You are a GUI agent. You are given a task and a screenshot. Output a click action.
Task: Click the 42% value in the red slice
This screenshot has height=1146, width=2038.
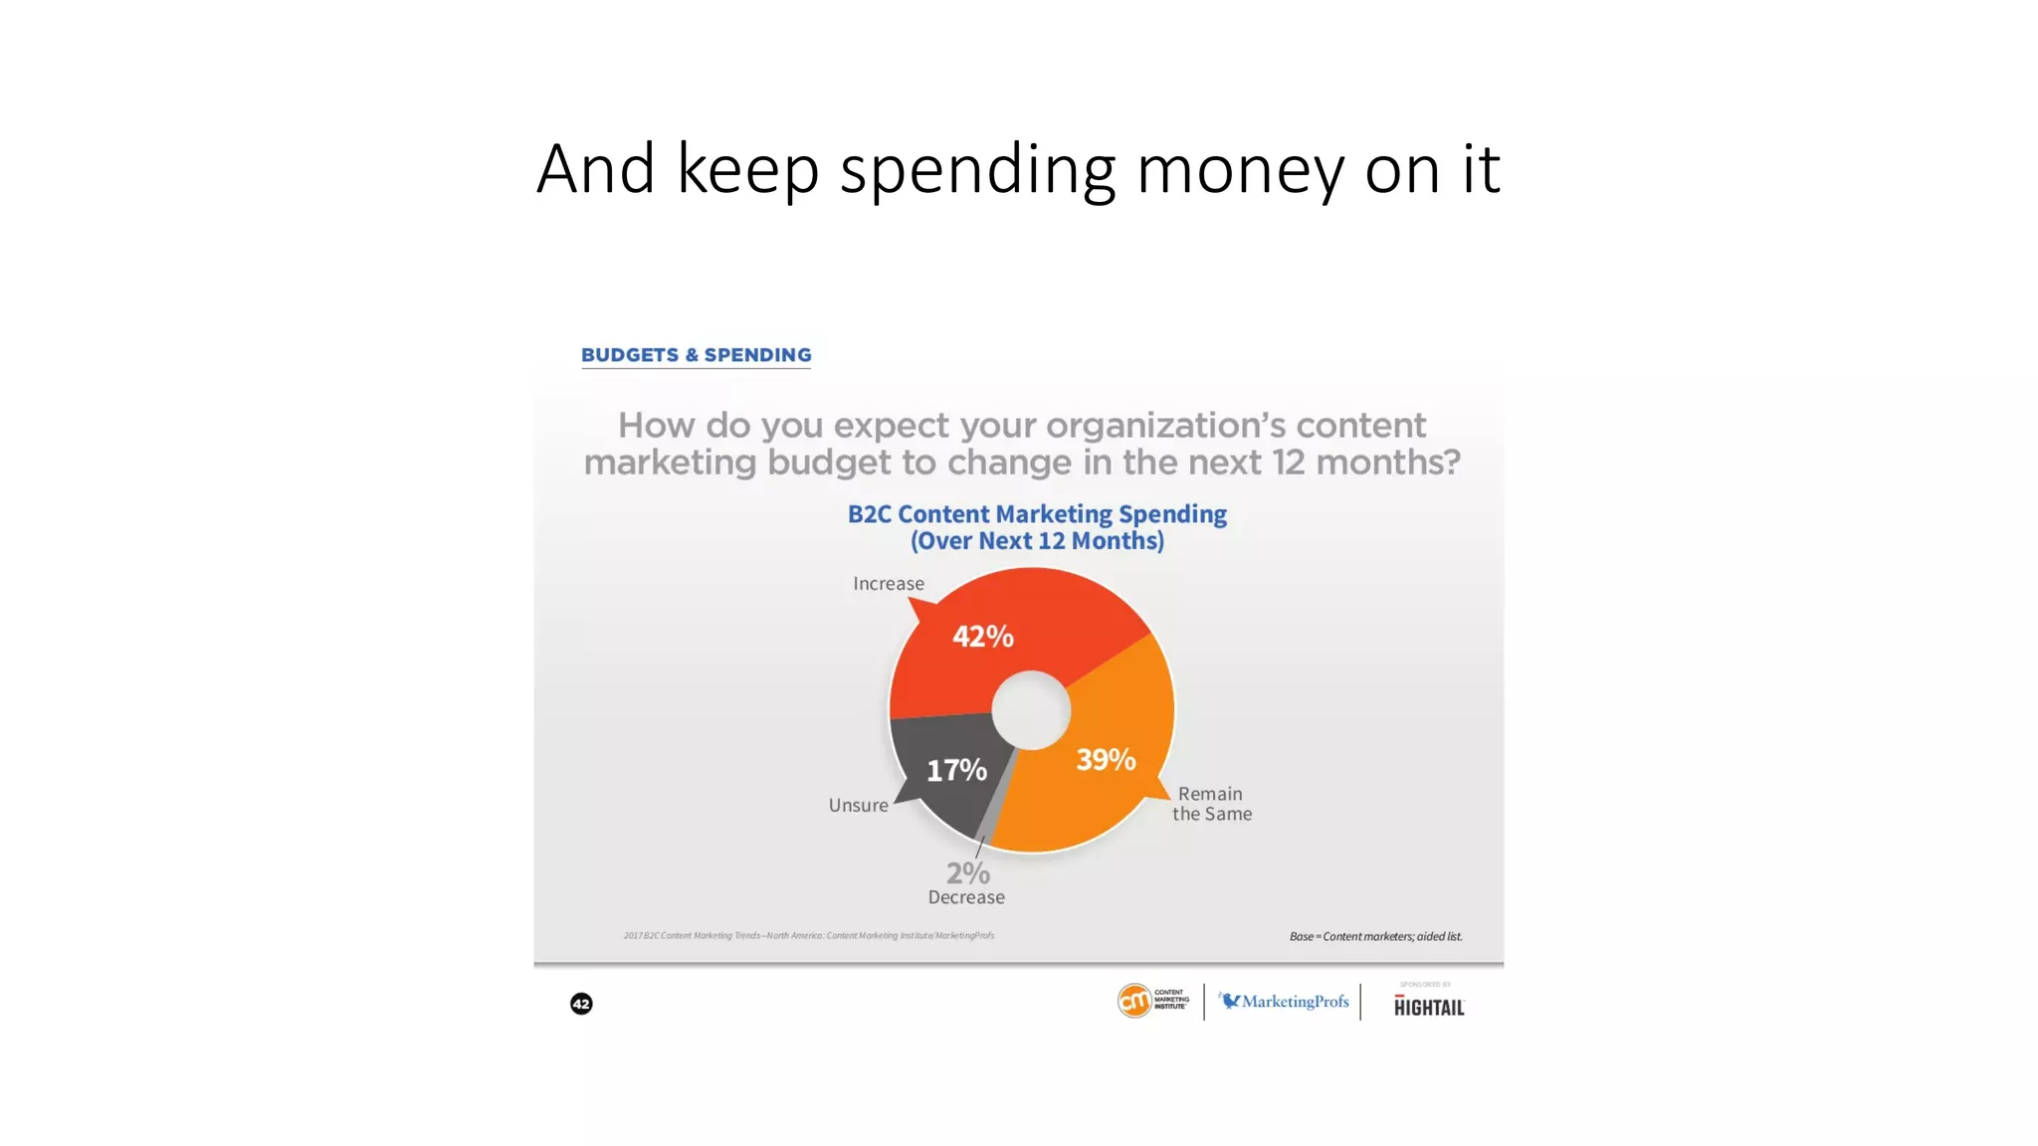982,637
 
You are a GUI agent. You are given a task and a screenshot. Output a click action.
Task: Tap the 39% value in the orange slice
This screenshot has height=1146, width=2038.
1106,760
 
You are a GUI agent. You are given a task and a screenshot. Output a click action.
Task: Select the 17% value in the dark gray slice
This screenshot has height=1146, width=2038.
956,770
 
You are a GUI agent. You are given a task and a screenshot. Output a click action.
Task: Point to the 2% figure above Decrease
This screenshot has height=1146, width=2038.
967,873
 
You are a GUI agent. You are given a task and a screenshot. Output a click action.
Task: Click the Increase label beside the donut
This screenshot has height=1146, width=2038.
888,584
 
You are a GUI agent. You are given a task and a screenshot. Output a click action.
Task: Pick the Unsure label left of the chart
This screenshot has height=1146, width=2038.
858,806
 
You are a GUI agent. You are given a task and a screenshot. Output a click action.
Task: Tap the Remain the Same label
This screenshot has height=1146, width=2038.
1211,804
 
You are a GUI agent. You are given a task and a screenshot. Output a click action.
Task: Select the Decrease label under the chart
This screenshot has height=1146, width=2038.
966,897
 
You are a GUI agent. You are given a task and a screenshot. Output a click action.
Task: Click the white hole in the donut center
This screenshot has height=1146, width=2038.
1031,710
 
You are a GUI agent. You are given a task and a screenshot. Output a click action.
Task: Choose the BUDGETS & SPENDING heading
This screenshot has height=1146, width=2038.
696,355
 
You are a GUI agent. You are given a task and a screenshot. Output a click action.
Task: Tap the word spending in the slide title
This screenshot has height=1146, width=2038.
977,169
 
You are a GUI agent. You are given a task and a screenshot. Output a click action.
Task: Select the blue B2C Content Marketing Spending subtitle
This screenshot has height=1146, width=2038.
1037,514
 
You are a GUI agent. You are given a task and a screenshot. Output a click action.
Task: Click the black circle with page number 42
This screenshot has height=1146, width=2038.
581,1004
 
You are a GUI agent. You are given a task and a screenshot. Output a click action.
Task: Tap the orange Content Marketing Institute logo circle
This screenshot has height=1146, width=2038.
1134,1001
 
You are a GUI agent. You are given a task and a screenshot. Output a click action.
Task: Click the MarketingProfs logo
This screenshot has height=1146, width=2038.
1285,1002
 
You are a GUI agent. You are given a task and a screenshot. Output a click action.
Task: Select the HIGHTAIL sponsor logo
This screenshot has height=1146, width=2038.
1428,1007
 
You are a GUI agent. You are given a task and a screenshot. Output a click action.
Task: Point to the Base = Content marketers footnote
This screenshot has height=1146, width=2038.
1375,936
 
